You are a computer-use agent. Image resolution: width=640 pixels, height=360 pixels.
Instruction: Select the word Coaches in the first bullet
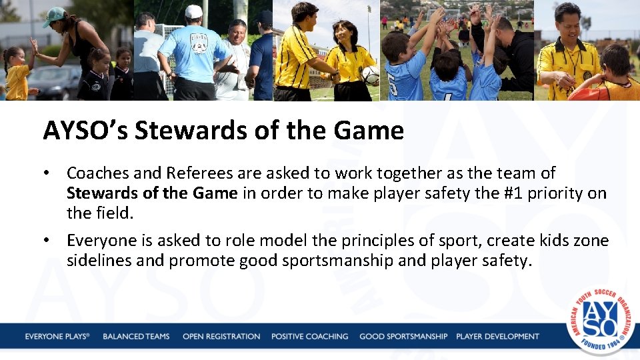[97, 173]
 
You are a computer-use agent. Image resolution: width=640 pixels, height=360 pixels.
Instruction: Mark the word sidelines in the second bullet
[99, 261]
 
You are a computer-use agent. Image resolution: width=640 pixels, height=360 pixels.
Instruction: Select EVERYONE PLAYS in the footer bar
[57, 337]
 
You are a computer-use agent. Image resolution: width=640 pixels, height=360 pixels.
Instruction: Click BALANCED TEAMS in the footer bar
[136, 337]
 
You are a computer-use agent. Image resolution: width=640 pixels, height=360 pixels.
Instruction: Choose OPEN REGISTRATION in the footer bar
[221, 337]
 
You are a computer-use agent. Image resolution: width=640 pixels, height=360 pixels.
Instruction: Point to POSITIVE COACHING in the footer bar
[309, 337]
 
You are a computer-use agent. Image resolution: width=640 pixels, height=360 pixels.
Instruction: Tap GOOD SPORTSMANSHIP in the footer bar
[403, 337]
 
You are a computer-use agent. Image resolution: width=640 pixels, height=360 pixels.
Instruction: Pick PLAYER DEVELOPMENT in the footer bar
[497, 337]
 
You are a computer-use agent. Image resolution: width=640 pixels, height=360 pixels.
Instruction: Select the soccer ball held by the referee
[371, 75]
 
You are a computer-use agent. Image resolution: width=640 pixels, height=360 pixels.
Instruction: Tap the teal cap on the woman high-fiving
[54, 16]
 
